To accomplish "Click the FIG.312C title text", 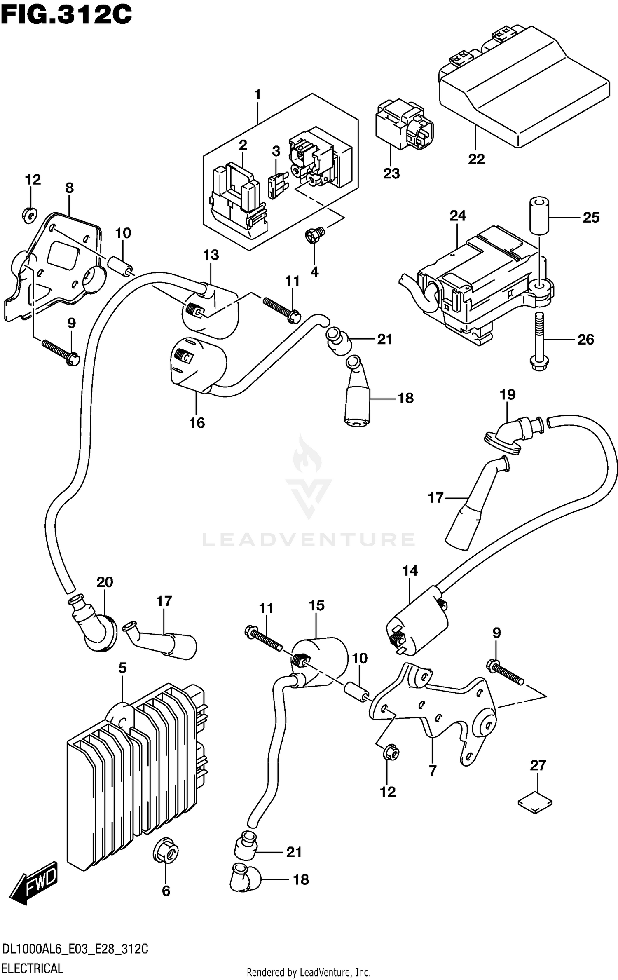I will pos(66,15).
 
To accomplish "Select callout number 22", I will pos(476,159).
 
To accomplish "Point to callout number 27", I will pos(538,766).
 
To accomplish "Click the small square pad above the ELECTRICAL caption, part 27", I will pos(535,802).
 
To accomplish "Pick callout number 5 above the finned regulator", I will pos(122,668).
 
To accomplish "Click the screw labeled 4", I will pos(315,236).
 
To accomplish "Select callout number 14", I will pos(410,571).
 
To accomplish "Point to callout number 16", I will pos(197,423).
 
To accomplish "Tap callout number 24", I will pos(458,216).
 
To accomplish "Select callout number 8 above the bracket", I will pos(69,188).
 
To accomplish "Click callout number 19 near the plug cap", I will pos(507,395).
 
